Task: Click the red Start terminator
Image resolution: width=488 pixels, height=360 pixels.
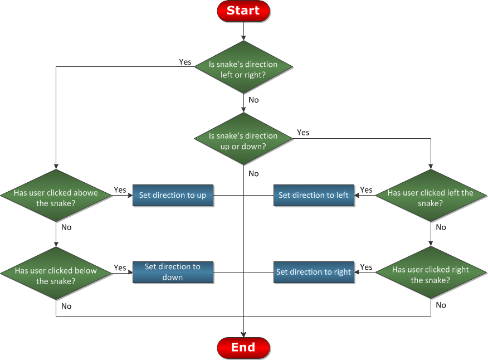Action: click(x=243, y=11)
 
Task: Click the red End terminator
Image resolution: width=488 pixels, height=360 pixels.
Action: click(x=243, y=348)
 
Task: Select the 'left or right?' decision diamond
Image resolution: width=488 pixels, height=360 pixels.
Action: click(x=243, y=67)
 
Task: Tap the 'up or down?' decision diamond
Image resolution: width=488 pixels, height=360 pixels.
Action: click(x=243, y=139)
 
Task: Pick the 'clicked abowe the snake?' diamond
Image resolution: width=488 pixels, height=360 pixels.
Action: click(x=56, y=196)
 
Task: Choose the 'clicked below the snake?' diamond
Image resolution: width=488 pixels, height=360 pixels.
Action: click(x=56, y=274)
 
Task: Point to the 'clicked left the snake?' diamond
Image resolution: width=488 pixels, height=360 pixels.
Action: click(x=431, y=196)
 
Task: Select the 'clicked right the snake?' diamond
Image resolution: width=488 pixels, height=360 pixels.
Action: click(x=431, y=273)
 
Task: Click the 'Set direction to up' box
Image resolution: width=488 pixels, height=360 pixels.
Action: click(x=173, y=195)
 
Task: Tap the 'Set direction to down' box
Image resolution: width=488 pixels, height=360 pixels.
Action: click(x=173, y=272)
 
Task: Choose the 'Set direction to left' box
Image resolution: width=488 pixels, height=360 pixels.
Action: click(x=314, y=195)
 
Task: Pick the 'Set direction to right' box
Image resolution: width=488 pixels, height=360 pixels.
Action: click(x=314, y=272)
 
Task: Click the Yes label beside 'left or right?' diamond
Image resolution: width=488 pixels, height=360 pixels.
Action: click(x=185, y=62)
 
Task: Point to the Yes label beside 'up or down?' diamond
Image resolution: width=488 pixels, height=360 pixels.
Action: click(x=303, y=133)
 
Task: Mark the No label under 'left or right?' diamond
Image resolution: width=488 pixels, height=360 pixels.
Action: click(x=253, y=100)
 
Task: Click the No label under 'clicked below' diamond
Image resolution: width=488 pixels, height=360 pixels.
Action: click(x=66, y=306)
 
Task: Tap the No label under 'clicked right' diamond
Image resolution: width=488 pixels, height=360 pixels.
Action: click(x=441, y=305)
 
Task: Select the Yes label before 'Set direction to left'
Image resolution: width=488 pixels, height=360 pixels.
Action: click(x=367, y=189)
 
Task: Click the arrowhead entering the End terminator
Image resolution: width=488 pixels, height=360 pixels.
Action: click(x=243, y=335)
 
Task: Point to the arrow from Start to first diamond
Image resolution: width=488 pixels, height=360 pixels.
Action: click(x=243, y=31)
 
